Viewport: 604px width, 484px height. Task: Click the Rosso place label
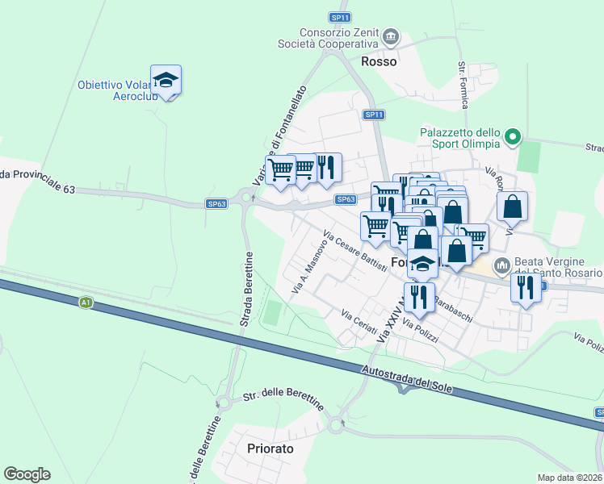pos(379,61)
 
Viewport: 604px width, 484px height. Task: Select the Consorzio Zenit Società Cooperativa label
pos(329,38)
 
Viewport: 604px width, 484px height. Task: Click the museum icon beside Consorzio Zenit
pos(392,35)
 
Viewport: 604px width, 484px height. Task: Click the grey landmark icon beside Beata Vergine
pos(501,264)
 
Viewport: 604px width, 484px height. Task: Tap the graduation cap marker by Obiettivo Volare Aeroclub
pos(166,80)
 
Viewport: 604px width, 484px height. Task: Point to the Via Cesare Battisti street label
pos(355,252)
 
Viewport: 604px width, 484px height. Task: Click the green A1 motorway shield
pos(86,302)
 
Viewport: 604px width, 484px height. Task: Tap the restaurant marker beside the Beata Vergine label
pos(526,286)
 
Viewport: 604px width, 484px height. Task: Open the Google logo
pos(27,474)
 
